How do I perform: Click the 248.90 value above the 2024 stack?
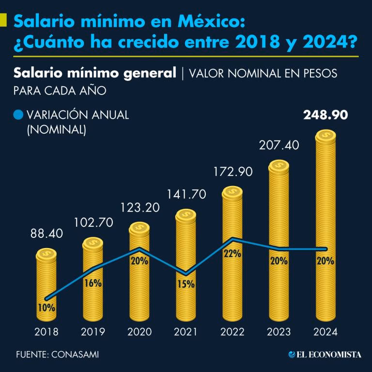click(x=325, y=115)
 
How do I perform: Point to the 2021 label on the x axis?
click(x=186, y=332)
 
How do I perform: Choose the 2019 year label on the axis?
click(x=93, y=332)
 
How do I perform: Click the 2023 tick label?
click(x=279, y=332)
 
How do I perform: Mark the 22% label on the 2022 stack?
click(x=232, y=254)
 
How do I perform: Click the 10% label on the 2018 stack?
click(x=46, y=307)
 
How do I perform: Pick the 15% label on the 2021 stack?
click(x=186, y=284)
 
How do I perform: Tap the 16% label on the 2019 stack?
click(x=93, y=283)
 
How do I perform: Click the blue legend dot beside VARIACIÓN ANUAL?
click(x=18, y=115)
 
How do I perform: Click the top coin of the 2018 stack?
click(x=46, y=254)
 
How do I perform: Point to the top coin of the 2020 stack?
click(x=139, y=227)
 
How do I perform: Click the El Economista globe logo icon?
click(x=292, y=355)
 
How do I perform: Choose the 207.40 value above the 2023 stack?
click(x=279, y=145)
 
